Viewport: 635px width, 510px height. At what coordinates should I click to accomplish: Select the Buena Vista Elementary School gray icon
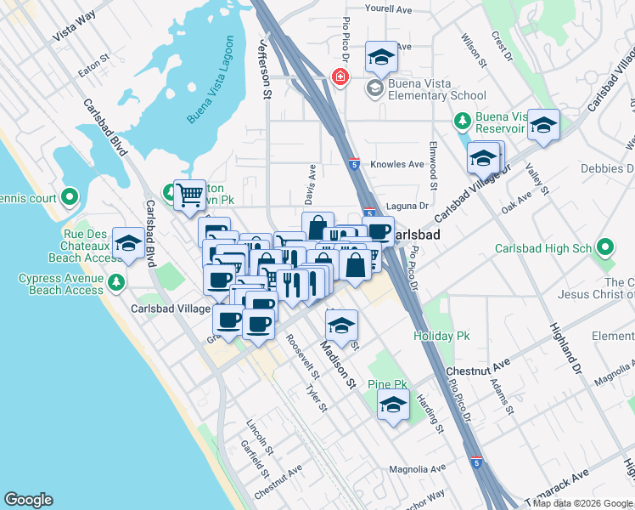point(374,88)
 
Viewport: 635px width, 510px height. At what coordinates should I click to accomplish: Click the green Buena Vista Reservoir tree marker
point(463,121)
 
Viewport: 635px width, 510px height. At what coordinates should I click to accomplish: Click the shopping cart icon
point(190,194)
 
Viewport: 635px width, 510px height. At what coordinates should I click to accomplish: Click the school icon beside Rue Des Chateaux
point(128,243)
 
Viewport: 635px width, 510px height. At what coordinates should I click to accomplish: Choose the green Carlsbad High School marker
point(605,248)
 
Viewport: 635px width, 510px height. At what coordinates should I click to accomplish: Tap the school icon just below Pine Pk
point(393,406)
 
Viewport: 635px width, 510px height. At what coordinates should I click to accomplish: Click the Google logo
point(28,500)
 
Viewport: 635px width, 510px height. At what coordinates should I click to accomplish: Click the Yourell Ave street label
point(388,9)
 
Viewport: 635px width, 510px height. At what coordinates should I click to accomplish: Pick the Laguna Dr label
point(412,206)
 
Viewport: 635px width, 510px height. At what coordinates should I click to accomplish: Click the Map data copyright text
point(582,503)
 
